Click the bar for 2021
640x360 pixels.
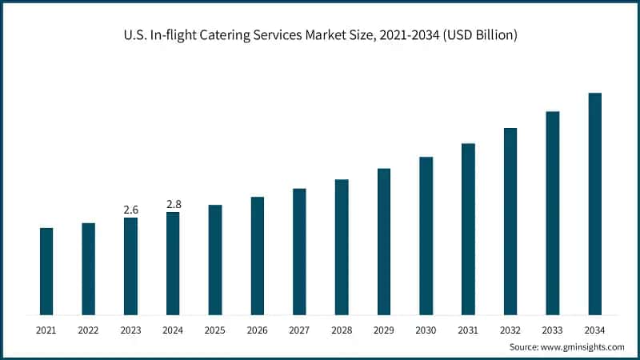coord(46,271)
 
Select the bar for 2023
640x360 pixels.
coord(130,266)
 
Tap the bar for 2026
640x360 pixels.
coord(257,255)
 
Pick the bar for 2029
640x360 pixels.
coord(384,241)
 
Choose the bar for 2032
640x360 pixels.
coord(510,221)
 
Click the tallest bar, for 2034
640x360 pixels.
coord(595,203)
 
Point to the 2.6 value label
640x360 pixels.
coord(130,210)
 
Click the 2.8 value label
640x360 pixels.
coord(173,204)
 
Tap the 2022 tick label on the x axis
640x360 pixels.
coord(88,330)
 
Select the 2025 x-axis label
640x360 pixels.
coord(215,330)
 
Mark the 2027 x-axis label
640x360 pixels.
coord(299,330)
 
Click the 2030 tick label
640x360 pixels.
coord(426,330)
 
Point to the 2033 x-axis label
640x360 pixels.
coord(553,330)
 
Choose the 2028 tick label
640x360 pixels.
coord(342,330)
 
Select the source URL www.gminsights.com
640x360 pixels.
coord(582,347)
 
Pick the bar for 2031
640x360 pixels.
coord(468,229)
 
